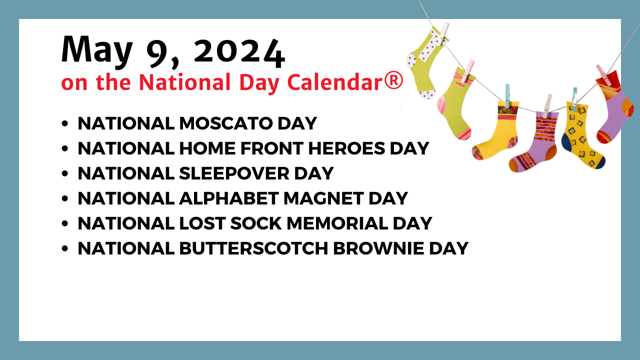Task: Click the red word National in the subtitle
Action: point(184,82)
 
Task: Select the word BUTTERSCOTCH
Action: point(253,248)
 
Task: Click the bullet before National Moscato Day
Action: point(65,123)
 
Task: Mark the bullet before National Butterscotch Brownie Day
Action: point(65,248)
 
